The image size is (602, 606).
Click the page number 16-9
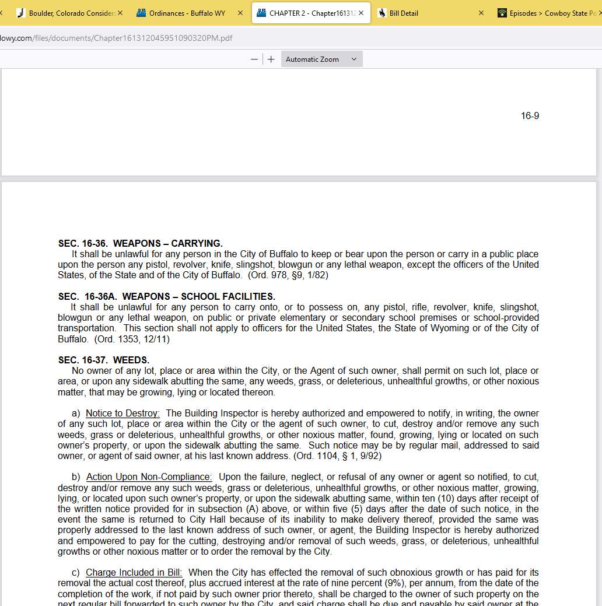pyautogui.click(x=530, y=116)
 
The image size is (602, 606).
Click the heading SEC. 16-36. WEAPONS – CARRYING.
pyautogui.click(x=140, y=243)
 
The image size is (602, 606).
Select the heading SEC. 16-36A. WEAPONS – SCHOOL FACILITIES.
pyautogui.click(x=166, y=296)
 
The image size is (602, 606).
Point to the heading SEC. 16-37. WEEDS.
pyautogui.click(x=104, y=360)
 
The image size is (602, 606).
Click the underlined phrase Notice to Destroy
pyautogui.click(x=123, y=414)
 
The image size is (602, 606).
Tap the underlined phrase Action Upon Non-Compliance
pyautogui.click(x=149, y=477)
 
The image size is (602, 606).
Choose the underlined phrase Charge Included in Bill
pyautogui.click(x=134, y=573)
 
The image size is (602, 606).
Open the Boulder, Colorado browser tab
pyautogui.click(x=67, y=13)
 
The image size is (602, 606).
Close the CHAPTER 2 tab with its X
pyautogui.click(x=361, y=13)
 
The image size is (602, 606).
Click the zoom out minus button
pyautogui.click(x=254, y=59)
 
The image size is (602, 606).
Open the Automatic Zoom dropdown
pyautogui.click(x=321, y=59)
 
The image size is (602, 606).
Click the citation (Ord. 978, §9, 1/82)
pyautogui.click(x=288, y=275)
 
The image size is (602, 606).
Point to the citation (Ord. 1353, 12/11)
pyautogui.click(x=132, y=339)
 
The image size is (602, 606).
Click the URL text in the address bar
pyautogui.click(x=117, y=38)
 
